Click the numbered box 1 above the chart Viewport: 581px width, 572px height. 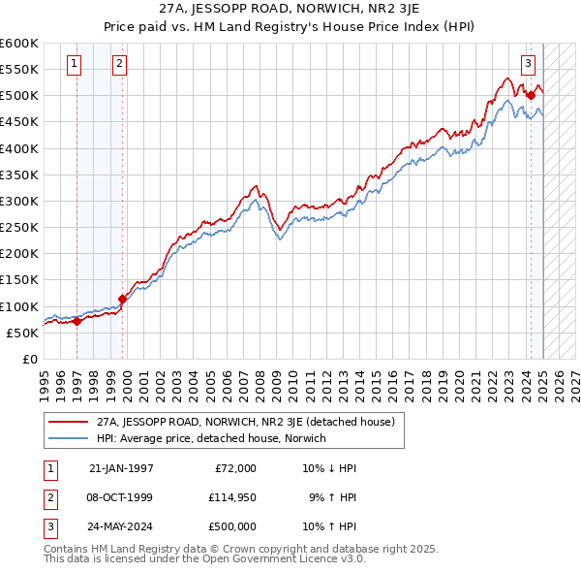point(75,65)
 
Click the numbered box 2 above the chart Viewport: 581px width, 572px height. point(118,65)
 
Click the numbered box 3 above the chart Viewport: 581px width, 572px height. point(528,65)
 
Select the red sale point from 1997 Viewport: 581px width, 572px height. point(77,321)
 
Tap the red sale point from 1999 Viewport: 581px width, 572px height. point(123,299)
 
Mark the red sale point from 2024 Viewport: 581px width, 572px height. point(531,95)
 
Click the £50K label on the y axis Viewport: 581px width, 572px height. point(21,333)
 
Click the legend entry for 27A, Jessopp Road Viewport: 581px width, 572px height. point(245,423)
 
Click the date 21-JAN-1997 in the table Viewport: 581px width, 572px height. point(120,468)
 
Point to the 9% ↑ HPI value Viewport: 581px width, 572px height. point(332,497)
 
